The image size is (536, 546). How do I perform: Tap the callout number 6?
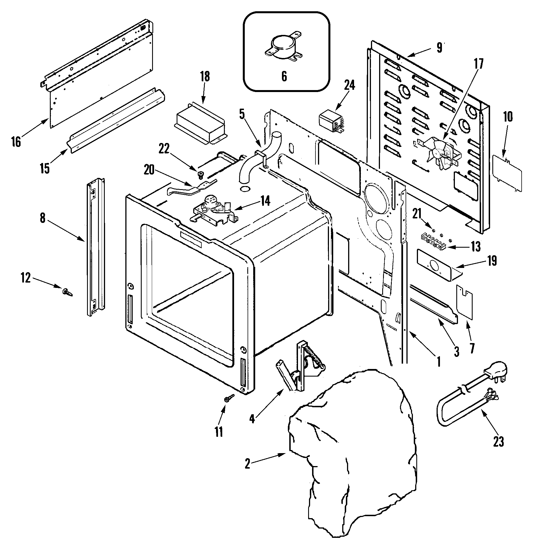(x=284, y=77)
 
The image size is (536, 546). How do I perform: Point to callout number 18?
(x=205, y=77)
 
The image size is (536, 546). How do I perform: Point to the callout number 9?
(x=439, y=48)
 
